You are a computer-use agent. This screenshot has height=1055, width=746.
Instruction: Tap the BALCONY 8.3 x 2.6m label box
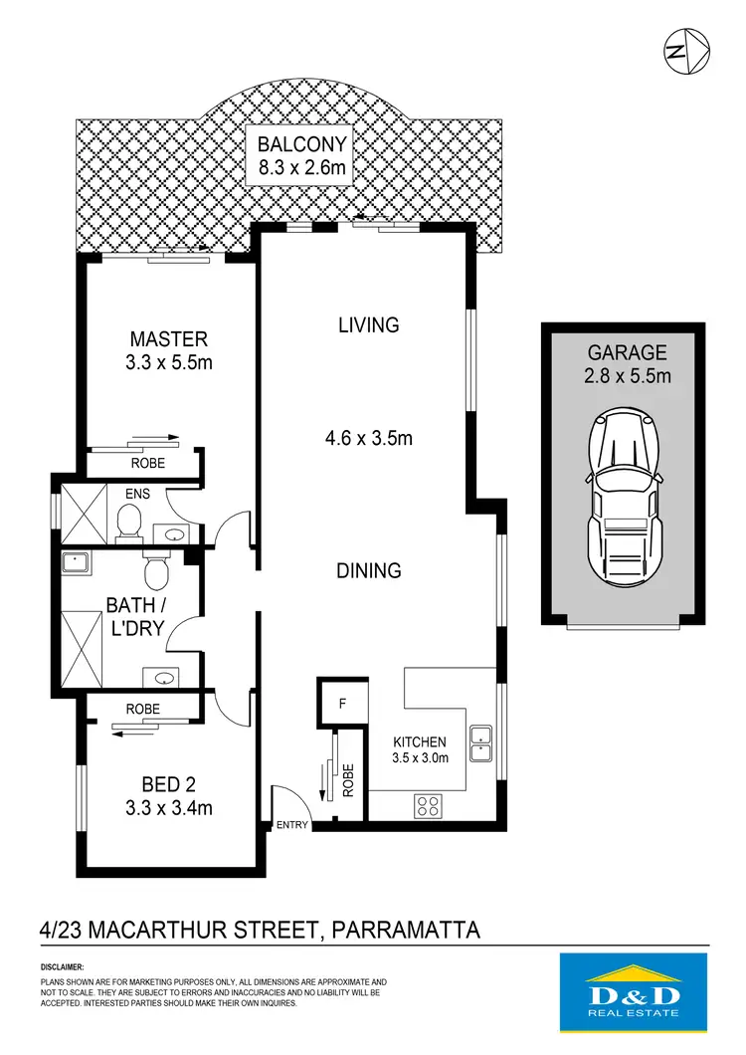[x=298, y=157]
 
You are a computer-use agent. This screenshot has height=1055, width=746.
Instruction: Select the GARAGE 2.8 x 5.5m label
[x=628, y=363]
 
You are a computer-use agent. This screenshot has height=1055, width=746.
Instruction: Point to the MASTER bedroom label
[x=168, y=350]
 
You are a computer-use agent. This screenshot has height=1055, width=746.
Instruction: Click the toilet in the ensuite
[x=127, y=520]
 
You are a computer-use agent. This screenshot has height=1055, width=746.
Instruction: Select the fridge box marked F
[x=341, y=704]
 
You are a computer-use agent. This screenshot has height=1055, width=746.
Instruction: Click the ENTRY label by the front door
[x=292, y=825]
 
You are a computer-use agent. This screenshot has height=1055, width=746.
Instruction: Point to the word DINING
[x=368, y=571]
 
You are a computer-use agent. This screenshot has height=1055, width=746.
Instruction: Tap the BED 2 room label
[x=168, y=796]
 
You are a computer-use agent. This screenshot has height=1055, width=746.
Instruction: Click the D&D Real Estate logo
[x=634, y=990]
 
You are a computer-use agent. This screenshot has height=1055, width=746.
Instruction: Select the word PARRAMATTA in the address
[x=406, y=931]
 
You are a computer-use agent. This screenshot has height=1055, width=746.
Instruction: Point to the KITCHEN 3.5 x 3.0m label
[x=419, y=748]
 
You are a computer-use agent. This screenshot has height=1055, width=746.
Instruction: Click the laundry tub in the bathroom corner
[x=77, y=563]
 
